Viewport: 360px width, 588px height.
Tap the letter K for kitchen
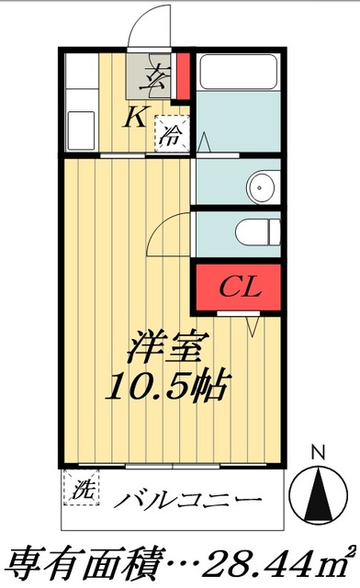tap(134, 116)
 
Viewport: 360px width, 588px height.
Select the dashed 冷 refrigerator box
tap(172, 134)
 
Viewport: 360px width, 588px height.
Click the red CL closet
tap(240, 287)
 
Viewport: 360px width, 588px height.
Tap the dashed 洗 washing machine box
tap(81, 487)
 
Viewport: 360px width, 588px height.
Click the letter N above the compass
tap(318, 451)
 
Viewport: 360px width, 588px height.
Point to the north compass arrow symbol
tap(318, 492)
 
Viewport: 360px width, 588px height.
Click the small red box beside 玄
tap(183, 77)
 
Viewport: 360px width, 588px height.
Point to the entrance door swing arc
tap(146, 28)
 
